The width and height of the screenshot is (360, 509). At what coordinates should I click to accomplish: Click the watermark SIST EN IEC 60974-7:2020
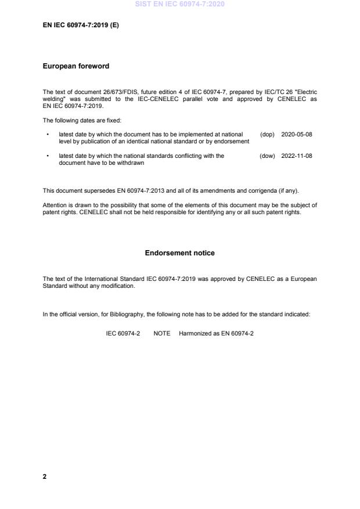point(179,4)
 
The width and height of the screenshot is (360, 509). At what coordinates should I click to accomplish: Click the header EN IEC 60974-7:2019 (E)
point(81,26)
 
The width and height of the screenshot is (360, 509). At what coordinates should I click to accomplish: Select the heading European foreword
point(76,66)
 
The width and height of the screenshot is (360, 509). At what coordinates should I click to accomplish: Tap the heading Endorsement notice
point(179,253)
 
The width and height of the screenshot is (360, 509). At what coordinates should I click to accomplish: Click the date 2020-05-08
point(297,134)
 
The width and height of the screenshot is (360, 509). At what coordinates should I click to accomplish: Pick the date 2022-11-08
point(297,156)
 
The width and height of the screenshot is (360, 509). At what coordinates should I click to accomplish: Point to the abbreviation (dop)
point(267,134)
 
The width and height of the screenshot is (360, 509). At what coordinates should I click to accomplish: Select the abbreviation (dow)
point(267,156)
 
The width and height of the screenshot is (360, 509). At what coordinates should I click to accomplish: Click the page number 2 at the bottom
point(45,476)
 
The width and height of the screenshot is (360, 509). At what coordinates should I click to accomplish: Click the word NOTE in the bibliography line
point(162,334)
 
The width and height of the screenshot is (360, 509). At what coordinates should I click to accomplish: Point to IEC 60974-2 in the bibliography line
point(123,334)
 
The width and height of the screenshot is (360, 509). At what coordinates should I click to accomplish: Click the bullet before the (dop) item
point(47,134)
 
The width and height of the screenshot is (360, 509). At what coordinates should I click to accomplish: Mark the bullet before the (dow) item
point(47,156)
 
